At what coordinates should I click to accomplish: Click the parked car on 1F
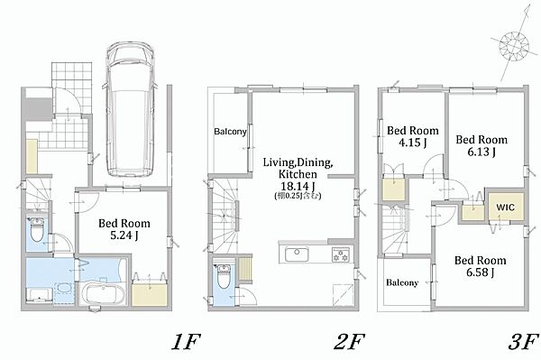[x=131, y=110]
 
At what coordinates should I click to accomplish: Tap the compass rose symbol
[x=514, y=45]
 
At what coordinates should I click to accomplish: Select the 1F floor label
[x=186, y=342]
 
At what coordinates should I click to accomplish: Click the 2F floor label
[x=349, y=342]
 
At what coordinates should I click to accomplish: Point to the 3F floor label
[x=523, y=342]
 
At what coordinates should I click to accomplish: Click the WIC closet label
[x=506, y=208]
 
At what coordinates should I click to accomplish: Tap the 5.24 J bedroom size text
[x=124, y=235]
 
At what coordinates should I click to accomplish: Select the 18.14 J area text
[x=298, y=187]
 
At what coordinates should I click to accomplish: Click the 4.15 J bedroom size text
[x=413, y=143]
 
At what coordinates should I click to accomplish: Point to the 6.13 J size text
[x=481, y=152]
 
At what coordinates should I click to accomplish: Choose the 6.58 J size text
[x=480, y=272]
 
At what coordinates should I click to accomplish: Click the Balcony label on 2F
[x=230, y=132]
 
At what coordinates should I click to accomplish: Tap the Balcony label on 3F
[x=402, y=282]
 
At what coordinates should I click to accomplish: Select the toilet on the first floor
[x=36, y=230]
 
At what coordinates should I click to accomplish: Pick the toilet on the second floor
[x=224, y=276]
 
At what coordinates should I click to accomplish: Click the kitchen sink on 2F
[x=297, y=254]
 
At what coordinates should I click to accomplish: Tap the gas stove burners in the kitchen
[x=341, y=254]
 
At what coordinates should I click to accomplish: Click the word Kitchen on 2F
[x=298, y=173]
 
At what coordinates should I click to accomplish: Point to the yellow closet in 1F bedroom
[x=150, y=294]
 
